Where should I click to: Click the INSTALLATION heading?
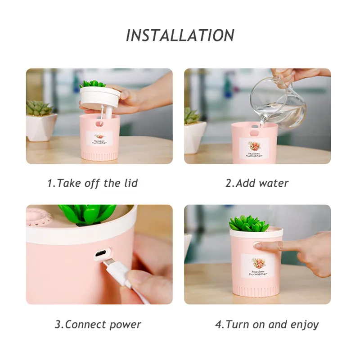[180, 35]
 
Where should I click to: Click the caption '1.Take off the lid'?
[92, 183]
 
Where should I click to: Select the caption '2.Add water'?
[257, 183]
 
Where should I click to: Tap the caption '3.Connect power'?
[98, 324]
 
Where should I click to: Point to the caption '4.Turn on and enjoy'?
[267, 324]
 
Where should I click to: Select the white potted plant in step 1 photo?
[40, 121]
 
